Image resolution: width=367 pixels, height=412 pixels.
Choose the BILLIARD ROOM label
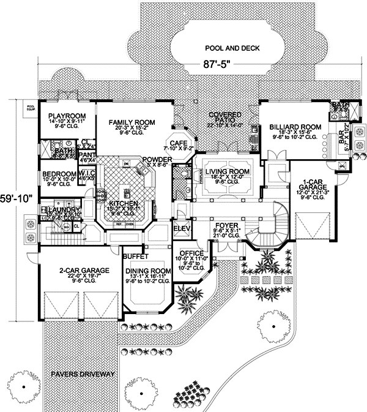tap(290, 127)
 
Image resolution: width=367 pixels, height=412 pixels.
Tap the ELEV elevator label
tap(182, 229)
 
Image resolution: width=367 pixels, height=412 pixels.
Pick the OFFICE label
tap(191, 252)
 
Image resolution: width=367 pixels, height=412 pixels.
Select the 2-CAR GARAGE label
tap(68, 269)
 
